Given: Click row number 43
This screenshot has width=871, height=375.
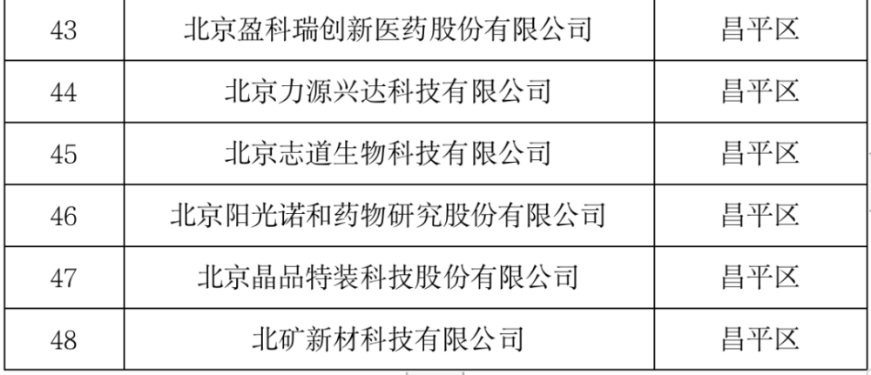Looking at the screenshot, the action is [x=64, y=30].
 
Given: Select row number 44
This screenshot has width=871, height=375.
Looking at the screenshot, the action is [x=64, y=92].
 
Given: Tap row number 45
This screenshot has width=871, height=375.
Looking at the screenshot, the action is [x=64, y=154].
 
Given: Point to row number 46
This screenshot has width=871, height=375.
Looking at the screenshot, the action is [x=64, y=216].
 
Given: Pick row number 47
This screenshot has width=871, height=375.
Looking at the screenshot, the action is [x=64, y=278].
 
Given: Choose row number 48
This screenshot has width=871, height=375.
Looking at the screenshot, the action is [x=64, y=339].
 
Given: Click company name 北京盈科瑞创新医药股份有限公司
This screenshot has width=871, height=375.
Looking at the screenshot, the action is [x=388, y=30].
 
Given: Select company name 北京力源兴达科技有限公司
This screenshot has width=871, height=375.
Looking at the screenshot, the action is [x=388, y=92].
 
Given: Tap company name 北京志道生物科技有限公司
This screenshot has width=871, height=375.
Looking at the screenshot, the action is [x=388, y=154].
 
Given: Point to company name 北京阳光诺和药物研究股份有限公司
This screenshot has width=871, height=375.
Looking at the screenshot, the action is [x=388, y=216].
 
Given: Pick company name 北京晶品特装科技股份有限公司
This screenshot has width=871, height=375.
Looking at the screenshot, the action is [x=388, y=278].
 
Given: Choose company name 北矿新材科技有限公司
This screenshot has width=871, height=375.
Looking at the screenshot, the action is [x=388, y=339].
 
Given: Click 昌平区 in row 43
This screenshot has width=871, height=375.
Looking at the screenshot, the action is [x=760, y=30].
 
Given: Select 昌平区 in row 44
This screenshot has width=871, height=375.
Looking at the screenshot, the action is [x=760, y=92].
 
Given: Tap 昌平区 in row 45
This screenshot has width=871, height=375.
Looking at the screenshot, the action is [x=760, y=154].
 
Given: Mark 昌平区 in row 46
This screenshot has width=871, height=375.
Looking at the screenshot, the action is [x=760, y=216].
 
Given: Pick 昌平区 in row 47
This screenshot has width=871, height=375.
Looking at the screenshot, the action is [x=760, y=278].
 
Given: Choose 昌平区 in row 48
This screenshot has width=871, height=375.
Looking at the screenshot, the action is [x=760, y=339].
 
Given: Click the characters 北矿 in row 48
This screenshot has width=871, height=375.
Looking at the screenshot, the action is [x=279, y=339].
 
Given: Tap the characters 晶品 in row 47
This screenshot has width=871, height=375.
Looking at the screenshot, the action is [x=279, y=278].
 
